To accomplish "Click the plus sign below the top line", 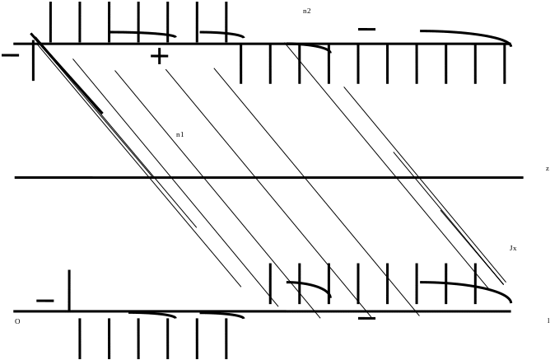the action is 159,56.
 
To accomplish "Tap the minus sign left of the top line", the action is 11,55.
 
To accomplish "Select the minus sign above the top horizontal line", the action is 366,30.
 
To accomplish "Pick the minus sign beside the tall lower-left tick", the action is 45,301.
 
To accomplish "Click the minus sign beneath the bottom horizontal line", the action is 366,318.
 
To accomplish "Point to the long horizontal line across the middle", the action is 268,177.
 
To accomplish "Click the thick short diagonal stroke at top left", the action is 66,74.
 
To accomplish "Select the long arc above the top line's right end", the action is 466,35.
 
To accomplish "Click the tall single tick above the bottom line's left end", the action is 68,290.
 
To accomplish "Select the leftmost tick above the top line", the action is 51,22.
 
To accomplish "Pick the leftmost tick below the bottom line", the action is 81,338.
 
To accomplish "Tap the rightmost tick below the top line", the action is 505,63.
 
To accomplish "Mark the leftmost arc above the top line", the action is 142,34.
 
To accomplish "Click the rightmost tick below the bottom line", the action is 226,338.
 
